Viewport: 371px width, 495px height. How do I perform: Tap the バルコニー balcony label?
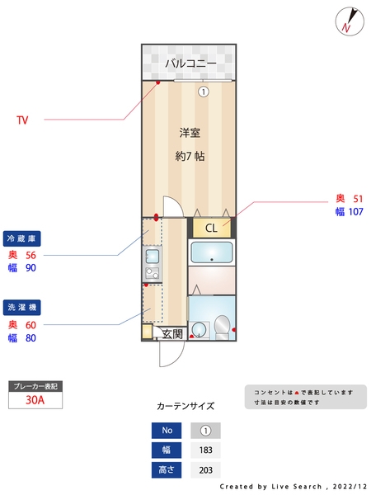pyautogui.click(x=190, y=64)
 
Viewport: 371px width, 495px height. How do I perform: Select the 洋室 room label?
pyautogui.click(x=190, y=132)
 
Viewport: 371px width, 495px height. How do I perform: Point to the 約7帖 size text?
pyautogui.click(x=190, y=156)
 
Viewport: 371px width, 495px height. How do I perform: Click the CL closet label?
pyautogui.click(x=211, y=229)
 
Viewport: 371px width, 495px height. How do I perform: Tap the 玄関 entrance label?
pyautogui.click(x=172, y=333)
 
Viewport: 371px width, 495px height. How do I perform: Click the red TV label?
pyautogui.click(x=22, y=120)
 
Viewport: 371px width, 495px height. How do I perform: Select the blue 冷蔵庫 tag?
pyautogui.click(x=22, y=238)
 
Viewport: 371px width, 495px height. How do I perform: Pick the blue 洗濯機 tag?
pyautogui.click(x=22, y=309)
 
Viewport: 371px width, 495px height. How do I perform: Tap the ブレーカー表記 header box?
pyautogui.click(x=35, y=385)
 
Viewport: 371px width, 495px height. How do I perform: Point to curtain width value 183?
pyautogui.click(x=206, y=450)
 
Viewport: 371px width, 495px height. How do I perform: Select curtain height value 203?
pyautogui.click(x=206, y=470)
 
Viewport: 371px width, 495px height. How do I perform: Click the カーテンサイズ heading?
pyautogui.click(x=185, y=406)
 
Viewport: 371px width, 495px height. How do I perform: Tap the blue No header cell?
pyautogui.click(x=167, y=431)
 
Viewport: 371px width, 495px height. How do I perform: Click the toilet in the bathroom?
pyautogui.click(x=221, y=329)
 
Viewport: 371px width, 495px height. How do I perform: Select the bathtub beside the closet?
pyautogui.click(x=212, y=252)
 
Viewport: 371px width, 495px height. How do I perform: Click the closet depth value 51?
pyautogui.click(x=358, y=199)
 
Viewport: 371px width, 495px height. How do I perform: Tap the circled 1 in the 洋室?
pyautogui.click(x=203, y=92)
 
